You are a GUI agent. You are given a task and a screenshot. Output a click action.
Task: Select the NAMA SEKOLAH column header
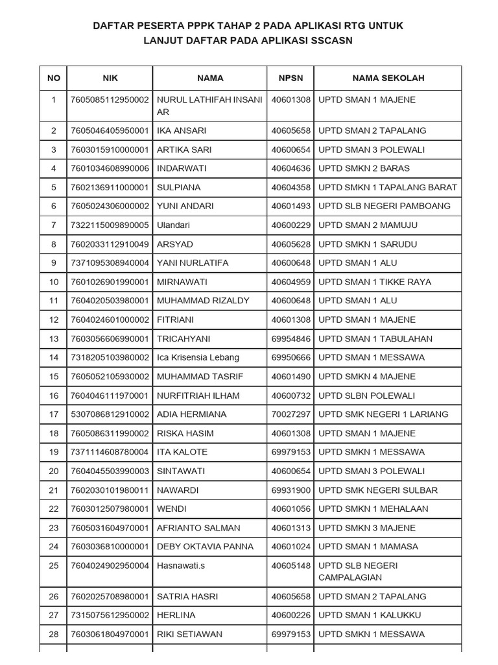pyautogui.click(x=388, y=78)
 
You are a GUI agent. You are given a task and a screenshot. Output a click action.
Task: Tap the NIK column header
pyautogui.click(x=110, y=78)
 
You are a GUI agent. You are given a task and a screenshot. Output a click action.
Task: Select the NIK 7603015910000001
pyautogui.click(x=110, y=150)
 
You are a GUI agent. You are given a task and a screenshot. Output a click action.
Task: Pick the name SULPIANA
pyautogui.click(x=179, y=188)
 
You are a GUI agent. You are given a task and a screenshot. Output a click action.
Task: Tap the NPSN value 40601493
pyautogui.click(x=291, y=207)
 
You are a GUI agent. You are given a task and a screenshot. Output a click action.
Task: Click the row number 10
pyautogui.click(x=54, y=282)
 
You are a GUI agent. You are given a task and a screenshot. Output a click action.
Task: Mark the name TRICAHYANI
pyautogui.click(x=184, y=339)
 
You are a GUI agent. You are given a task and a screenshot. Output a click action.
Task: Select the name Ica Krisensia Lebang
pyautogui.click(x=198, y=358)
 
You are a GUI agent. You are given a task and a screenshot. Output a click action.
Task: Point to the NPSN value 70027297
pyautogui.click(x=291, y=414)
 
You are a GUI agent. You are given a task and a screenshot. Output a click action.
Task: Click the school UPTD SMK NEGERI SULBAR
pyautogui.click(x=378, y=490)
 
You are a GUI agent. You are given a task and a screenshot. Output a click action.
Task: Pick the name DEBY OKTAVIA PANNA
pyautogui.click(x=206, y=547)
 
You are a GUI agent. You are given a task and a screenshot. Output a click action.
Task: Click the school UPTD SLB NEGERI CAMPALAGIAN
pyautogui.click(x=358, y=571)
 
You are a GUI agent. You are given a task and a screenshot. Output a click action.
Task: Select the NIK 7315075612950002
pyautogui.click(x=110, y=615)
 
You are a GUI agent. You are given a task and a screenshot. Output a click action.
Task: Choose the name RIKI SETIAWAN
pyautogui.click(x=189, y=634)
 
